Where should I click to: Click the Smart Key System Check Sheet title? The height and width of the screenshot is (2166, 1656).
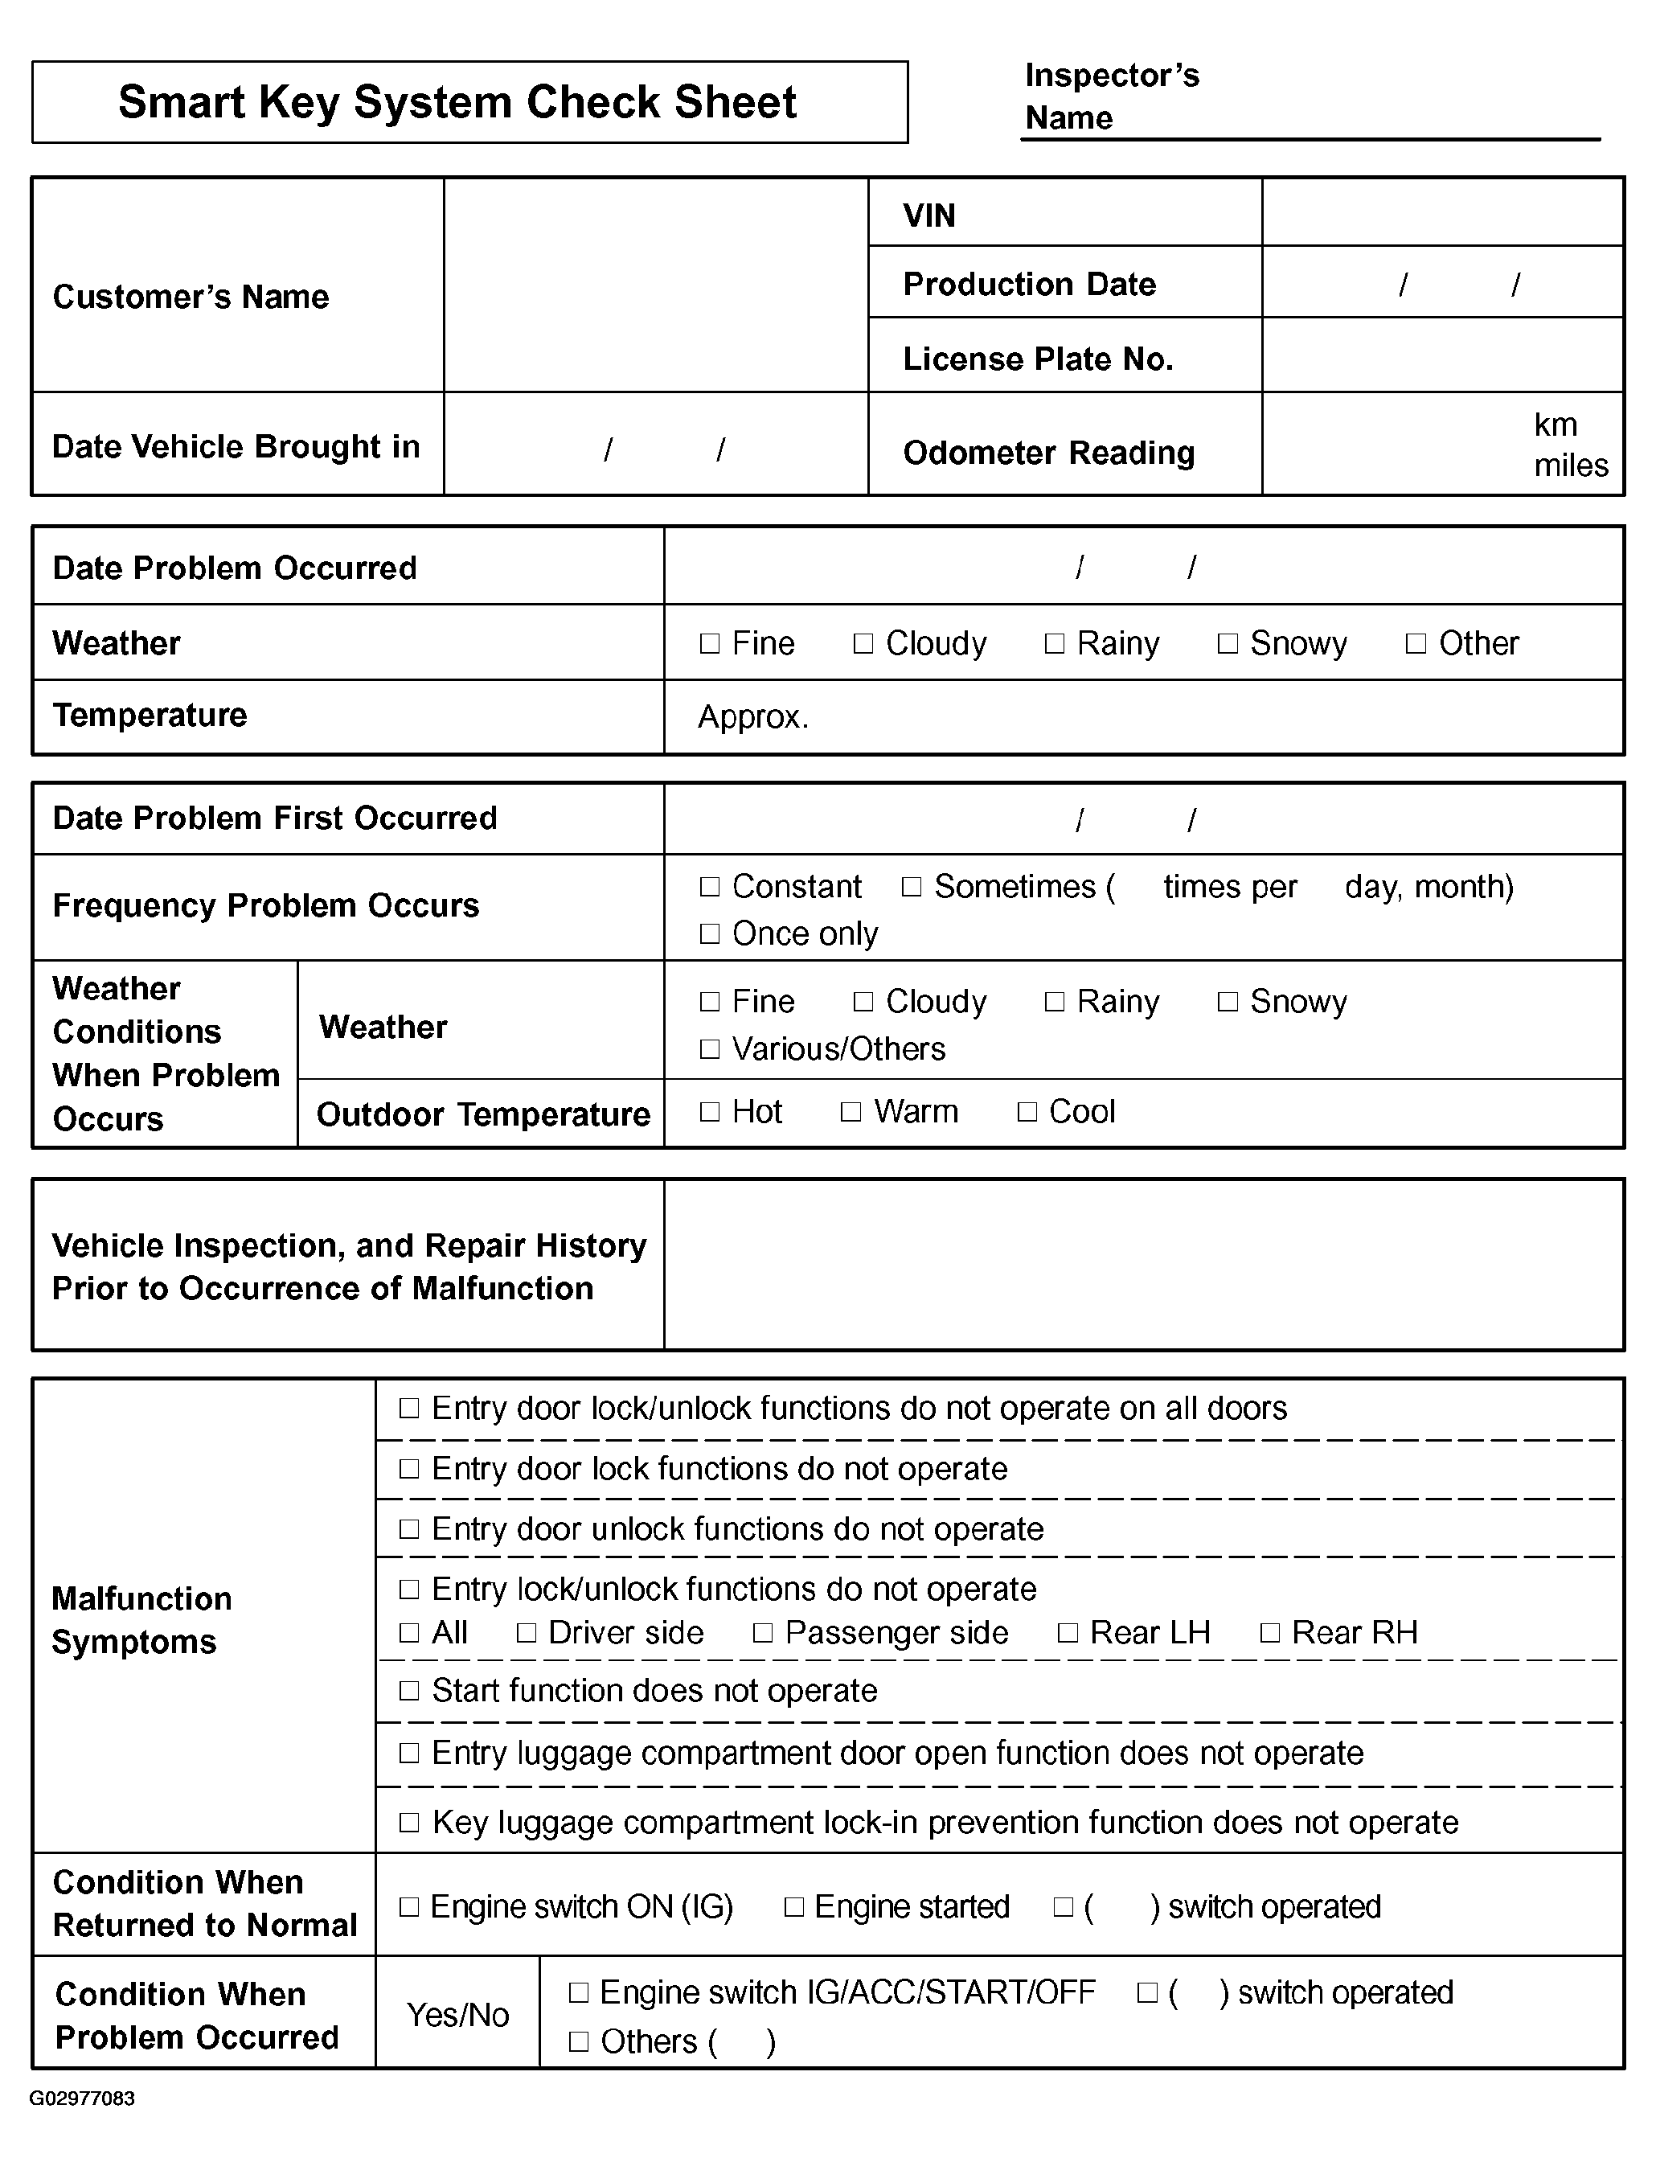click(x=457, y=103)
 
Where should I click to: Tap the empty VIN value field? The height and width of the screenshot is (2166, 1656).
click(x=1442, y=213)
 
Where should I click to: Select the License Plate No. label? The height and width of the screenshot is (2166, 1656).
click(x=1038, y=359)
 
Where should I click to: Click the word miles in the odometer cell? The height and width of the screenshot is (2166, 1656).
click(x=1570, y=466)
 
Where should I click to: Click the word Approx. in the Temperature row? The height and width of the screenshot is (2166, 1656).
click(x=753, y=716)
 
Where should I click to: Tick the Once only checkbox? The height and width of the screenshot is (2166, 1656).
click(x=710, y=933)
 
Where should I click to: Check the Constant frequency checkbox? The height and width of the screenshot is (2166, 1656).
click(x=710, y=886)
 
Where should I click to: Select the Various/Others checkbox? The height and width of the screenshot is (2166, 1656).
click(x=710, y=1049)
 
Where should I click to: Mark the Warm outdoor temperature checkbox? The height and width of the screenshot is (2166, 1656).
click(x=851, y=1112)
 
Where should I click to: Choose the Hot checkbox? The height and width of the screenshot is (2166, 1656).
click(x=710, y=1112)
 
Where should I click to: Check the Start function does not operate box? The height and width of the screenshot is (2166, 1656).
click(x=409, y=1691)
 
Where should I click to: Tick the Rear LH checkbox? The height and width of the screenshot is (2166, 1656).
click(x=1068, y=1633)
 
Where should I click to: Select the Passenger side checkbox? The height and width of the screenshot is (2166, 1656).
click(x=762, y=1633)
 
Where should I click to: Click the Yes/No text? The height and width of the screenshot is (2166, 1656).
click(x=457, y=2015)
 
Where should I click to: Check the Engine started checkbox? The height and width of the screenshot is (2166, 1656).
click(x=793, y=1907)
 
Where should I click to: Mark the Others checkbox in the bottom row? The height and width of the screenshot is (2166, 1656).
click(x=579, y=2041)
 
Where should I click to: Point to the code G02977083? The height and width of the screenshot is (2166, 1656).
click(x=82, y=2098)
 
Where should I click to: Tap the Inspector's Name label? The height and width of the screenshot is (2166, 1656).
click(x=1112, y=96)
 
